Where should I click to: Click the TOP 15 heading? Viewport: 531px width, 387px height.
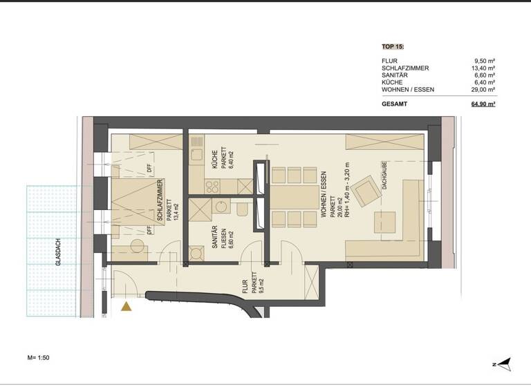click(x=392, y=47)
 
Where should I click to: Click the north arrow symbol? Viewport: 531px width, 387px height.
click(x=503, y=363)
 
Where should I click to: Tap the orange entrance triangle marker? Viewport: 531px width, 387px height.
click(x=126, y=307)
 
